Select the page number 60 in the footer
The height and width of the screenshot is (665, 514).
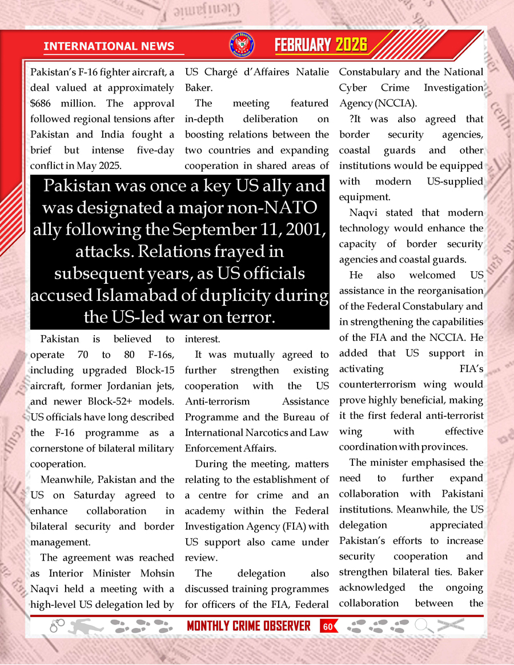click(x=328, y=626)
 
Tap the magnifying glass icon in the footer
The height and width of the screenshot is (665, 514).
click(x=423, y=626)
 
